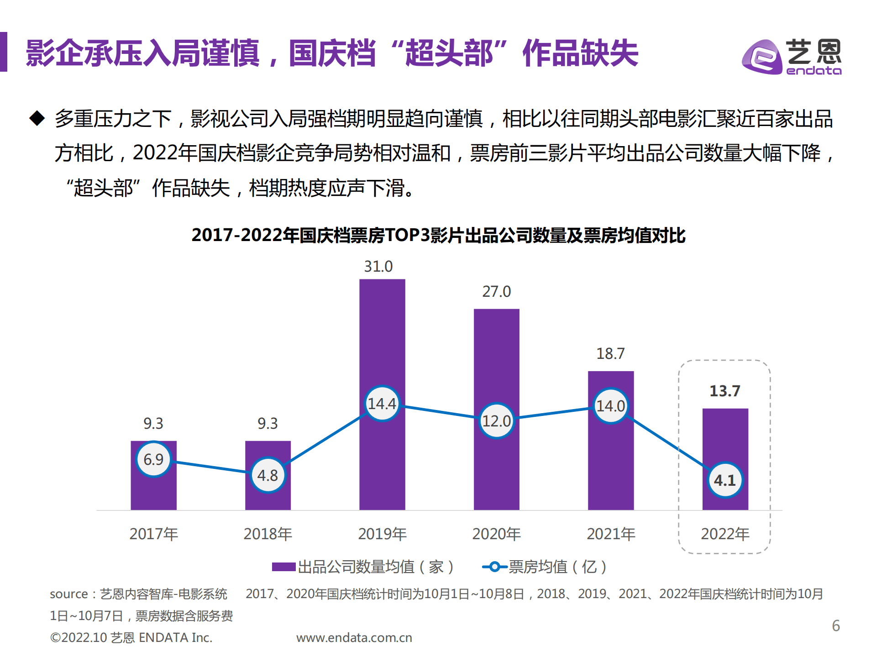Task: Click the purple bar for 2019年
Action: point(382,333)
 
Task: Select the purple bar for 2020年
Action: point(496,356)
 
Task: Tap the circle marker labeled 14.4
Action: point(382,404)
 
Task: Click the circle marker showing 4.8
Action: point(268,475)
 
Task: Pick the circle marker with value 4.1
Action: point(725,480)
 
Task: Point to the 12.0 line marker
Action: point(496,421)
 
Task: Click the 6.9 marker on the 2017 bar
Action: point(153,459)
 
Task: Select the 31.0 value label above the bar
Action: point(378,266)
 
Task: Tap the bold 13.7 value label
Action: point(725,391)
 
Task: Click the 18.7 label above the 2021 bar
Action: point(610,353)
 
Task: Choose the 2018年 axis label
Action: point(268,534)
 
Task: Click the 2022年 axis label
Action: point(725,534)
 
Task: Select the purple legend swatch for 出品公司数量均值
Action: point(283,567)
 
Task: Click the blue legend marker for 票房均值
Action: point(494,567)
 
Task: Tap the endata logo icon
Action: point(762,57)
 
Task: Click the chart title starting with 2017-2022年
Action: point(438,236)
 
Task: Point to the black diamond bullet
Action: point(37,118)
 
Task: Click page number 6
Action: point(836,625)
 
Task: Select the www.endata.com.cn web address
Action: point(354,638)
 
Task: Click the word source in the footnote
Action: point(68,594)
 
